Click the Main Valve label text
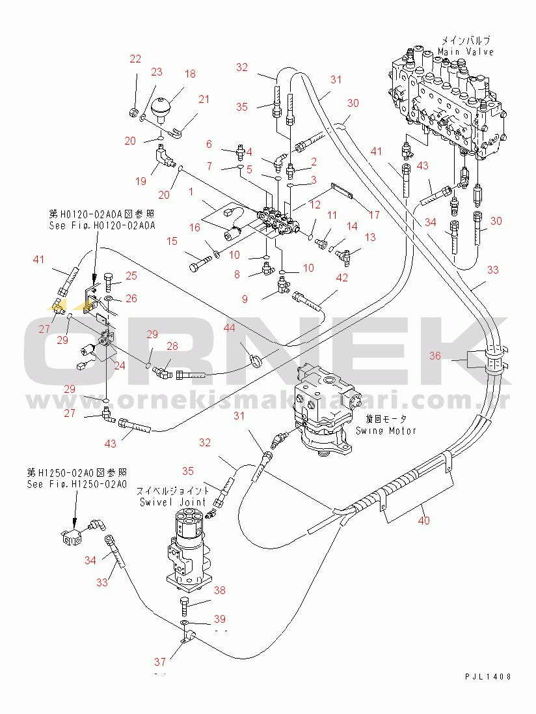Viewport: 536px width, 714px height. click(465, 51)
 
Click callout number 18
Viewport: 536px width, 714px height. click(189, 74)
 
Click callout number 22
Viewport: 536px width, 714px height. click(135, 59)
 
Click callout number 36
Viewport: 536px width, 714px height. click(435, 356)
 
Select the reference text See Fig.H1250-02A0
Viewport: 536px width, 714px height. click(76, 484)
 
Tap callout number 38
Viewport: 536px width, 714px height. click(220, 590)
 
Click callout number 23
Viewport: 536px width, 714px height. click(157, 72)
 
